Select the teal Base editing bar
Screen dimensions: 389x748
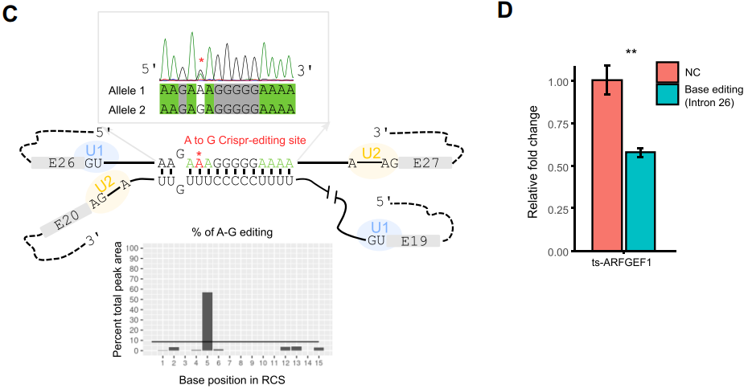[x=641, y=201]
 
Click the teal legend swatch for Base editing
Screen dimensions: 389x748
[x=668, y=94]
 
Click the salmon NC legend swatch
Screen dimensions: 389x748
[x=668, y=72]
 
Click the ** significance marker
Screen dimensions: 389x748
[x=631, y=53]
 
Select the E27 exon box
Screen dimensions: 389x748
[x=422, y=163]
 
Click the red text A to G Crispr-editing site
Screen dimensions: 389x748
[x=245, y=140]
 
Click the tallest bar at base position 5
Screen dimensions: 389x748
[x=208, y=321]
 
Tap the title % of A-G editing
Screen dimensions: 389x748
[x=221, y=233]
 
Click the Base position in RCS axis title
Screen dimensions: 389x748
[x=223, y=381]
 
